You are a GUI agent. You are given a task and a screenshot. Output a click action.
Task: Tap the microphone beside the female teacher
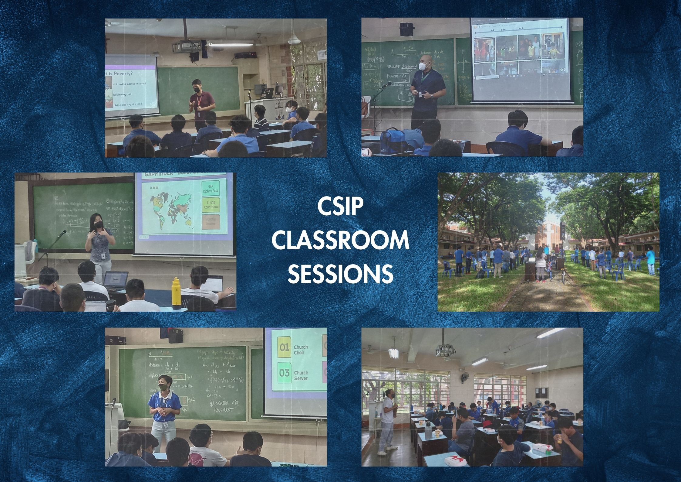point(62,233)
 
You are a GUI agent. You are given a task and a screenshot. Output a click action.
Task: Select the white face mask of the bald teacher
point(423,66)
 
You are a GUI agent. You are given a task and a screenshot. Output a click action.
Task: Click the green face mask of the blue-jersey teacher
point(163,388)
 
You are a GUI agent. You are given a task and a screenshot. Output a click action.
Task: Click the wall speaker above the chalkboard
point(406,29)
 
